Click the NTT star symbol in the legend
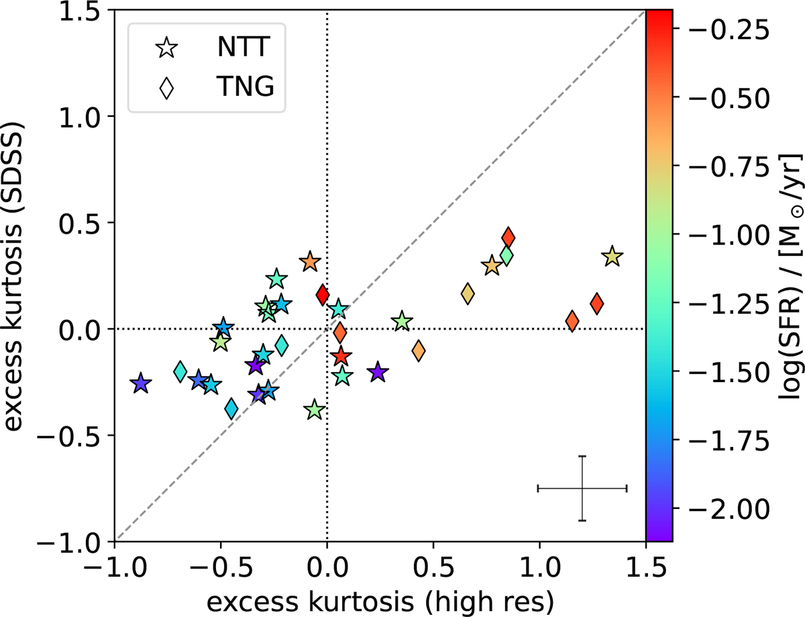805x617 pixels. pos(167,48)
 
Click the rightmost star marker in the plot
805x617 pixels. pos(612,256)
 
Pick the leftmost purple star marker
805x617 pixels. pos(141,383)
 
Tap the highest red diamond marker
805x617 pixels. pos(508,238)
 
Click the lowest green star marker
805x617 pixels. pos(315,410)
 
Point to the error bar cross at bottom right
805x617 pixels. pos(582,488)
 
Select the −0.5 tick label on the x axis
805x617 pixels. pos(221,568)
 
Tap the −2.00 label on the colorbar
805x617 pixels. pos(729,508)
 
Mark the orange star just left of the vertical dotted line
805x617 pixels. pos(310,262)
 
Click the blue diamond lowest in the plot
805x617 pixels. pos(231,409)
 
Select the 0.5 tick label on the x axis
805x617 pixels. pos(433,568)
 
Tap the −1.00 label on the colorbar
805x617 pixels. pos(729,234)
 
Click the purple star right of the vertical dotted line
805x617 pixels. pos(378,372)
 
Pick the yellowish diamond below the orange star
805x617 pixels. pos(468,294)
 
